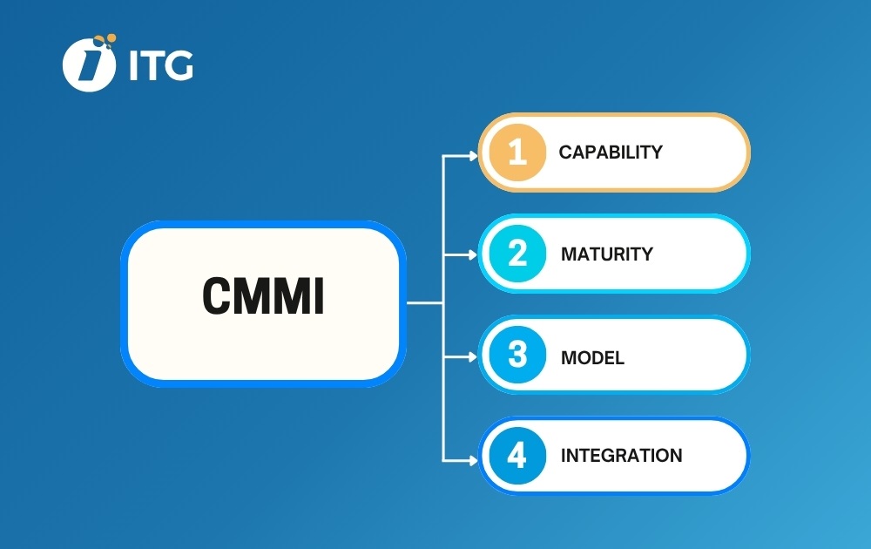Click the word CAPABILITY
(x=611, y=152)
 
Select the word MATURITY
(x=606, y=254)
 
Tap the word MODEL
(x=592, y=357)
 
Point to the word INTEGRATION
(x=621, y=456)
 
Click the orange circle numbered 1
(x=517, y=152)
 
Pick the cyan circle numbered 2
(x=517, y=254)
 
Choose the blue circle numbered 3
(x=517, y=355)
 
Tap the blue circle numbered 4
(x=517, y=456)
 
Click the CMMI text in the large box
(x=263, y=295)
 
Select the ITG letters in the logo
(x=161, y=65)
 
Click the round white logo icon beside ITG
(x=89, y=64)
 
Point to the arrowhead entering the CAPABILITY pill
(x=473, y=156)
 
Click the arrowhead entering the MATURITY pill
(x=473, y=254)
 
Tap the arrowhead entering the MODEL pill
(x=473, y=356)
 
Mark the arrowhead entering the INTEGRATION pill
(x=473, y=461)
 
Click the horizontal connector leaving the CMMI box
(x=425, y=303)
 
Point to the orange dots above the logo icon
(x=105, y=40)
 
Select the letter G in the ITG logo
(x=179, y=65)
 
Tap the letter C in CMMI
(x=216, y=295)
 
